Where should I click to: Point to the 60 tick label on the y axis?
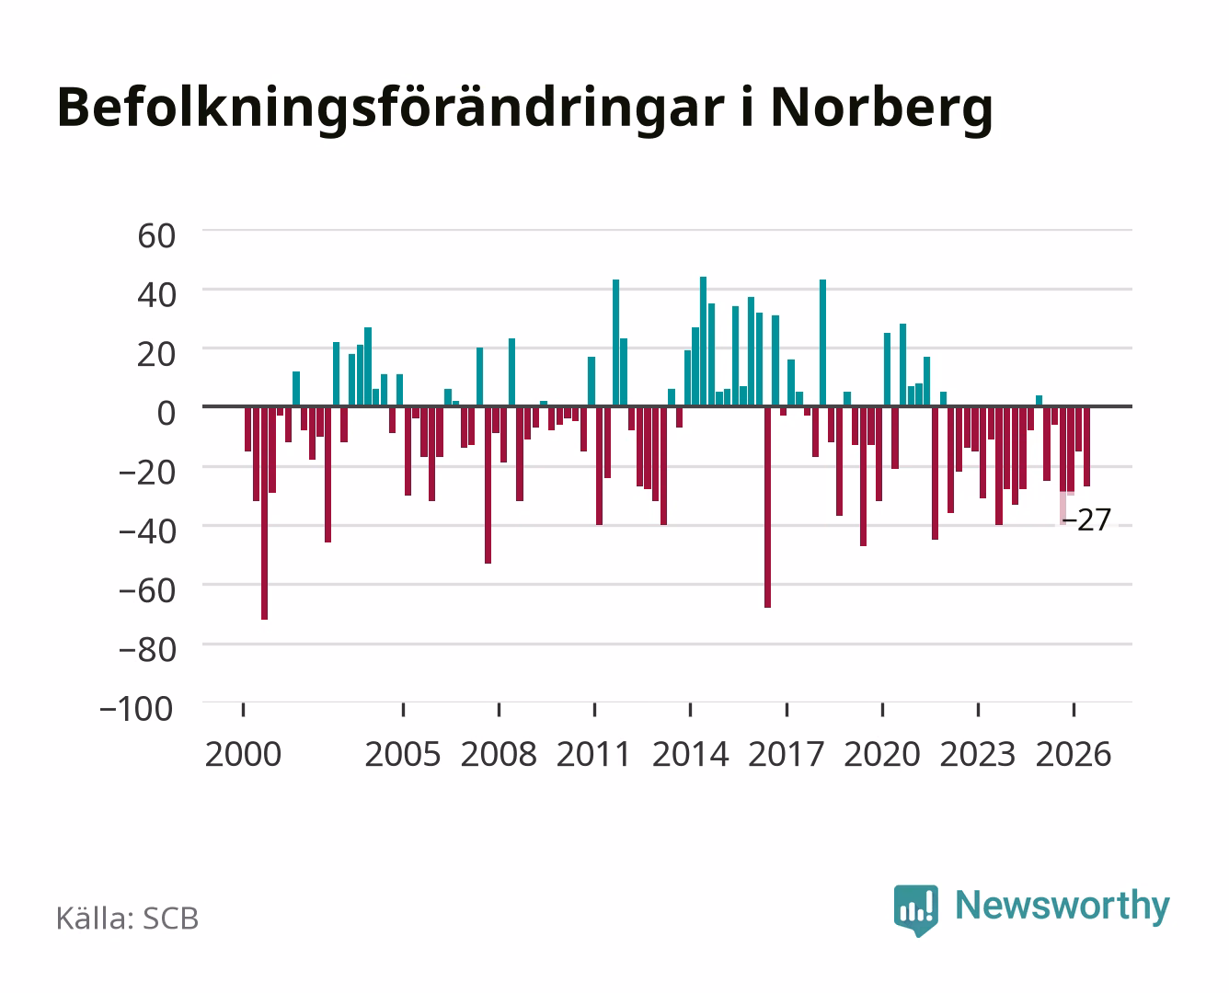click(156, 236)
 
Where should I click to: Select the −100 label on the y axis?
click(136, 709)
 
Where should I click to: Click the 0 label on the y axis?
click(167, 413)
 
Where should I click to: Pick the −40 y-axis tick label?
click(147, 531)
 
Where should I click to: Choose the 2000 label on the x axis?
click(243, 754)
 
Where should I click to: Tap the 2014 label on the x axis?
click(691, 754)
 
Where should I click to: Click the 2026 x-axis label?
click(1074, 754)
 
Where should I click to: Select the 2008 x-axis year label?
click(499, 754)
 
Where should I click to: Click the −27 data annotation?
click(1085, 520)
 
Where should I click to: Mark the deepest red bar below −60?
click(264, 513)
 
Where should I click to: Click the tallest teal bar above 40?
click(703, 341)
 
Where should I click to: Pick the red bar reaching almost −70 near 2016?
click(767, 508)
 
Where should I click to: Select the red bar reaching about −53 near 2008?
click(488, 485)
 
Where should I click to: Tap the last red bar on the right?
click(1086, 447)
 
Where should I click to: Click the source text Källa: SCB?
click(127, 919)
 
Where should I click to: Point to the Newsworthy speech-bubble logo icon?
click(915, 910)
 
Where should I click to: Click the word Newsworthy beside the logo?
click(1062, 907)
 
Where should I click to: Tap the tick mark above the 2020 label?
click(882, 710)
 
